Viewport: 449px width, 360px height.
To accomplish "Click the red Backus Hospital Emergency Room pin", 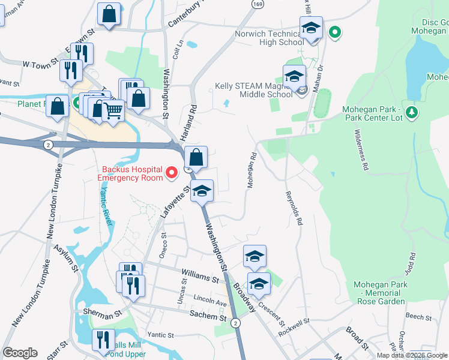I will click(x=172, y=174).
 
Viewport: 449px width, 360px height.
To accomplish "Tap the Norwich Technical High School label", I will click(x=269, y=38).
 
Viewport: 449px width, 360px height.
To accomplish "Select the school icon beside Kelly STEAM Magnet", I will click(x=294, y=77).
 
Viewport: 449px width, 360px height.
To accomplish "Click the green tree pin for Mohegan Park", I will click(x=411, y=112).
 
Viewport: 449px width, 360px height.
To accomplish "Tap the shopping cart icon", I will click(x=113, y=110).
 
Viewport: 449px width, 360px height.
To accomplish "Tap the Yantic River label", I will click(x=106, y=205).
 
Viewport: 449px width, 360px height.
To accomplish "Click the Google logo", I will click(x=20, y=353).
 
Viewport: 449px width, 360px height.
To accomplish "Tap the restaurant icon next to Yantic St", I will click(x=103, y=340).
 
